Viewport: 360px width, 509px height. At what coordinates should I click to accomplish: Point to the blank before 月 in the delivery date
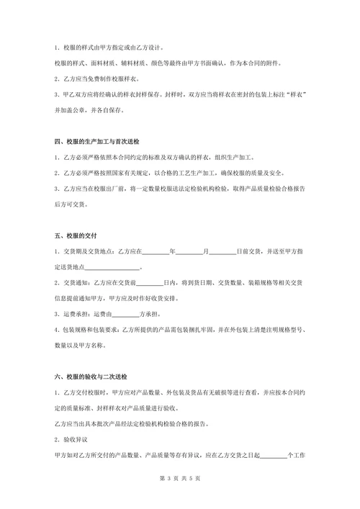189,251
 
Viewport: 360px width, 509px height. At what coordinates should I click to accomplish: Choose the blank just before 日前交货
222,251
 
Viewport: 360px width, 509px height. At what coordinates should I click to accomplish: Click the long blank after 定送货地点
114,267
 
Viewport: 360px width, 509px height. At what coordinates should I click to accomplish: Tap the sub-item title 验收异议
74,439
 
